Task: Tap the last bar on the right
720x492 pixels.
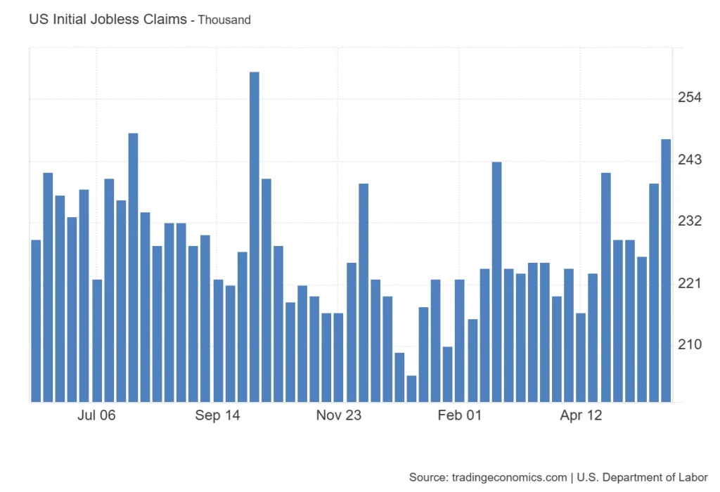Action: coord(666,271)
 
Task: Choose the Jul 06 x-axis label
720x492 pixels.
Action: coord(96,415)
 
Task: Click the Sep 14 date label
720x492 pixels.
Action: coord(218,415)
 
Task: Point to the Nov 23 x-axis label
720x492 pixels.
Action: coord(338,415)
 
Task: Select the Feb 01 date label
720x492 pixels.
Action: coord(460,415)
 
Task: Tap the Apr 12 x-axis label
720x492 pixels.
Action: coord(581,415)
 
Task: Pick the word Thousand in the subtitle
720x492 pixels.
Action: coord(224,20)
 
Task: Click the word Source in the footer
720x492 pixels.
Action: coord(426,477)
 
